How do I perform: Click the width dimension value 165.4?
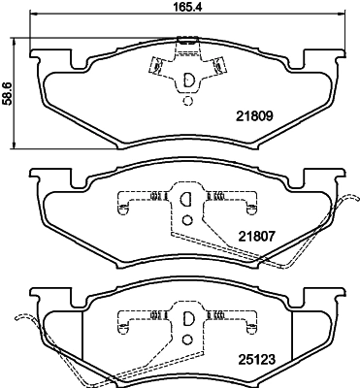point(187,6)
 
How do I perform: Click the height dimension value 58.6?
point(7,93)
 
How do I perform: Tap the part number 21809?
point(255,115)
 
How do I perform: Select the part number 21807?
point(256,237)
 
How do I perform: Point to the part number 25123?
point(256,359)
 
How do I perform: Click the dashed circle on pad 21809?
point(187,101)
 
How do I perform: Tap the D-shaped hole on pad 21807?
point(185,199)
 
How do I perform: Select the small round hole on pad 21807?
point(187,220)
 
